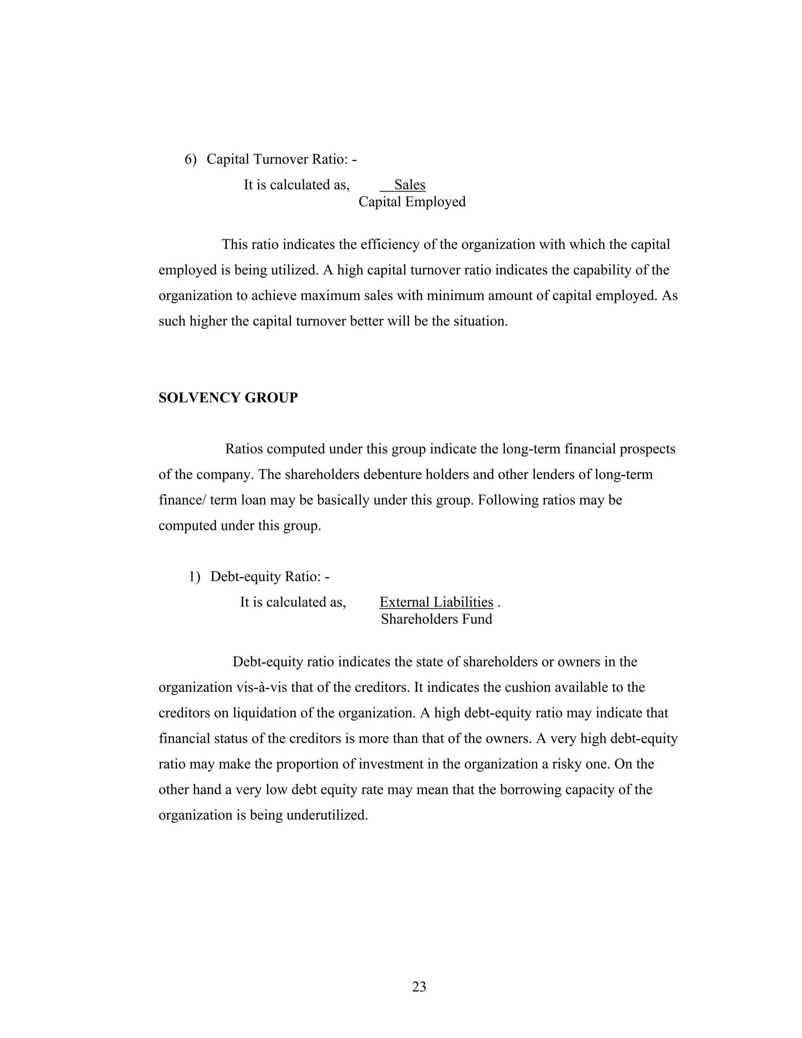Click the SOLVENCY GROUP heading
228,398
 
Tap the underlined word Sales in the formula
409,185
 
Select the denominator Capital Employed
412,202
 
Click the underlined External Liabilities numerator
436,602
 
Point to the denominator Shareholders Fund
436,619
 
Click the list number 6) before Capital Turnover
190,159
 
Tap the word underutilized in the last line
327,815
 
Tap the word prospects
647,449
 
